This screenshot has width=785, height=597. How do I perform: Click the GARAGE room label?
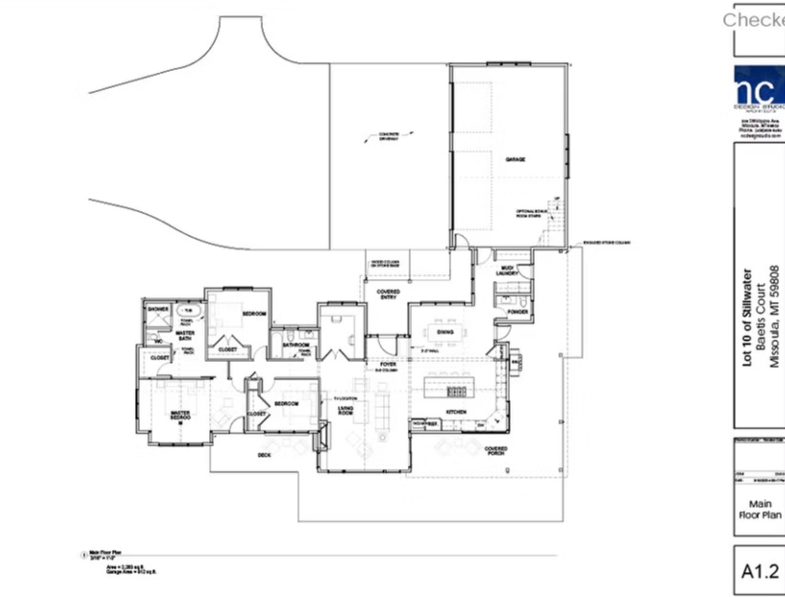(x=515, y=159)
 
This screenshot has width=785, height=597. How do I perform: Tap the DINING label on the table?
(x=445, y=332)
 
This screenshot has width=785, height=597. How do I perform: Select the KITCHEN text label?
(x=456, y=412)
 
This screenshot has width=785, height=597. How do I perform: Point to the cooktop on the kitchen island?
(x=456, y=391)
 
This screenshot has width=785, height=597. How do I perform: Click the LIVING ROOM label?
(x=346, y=410)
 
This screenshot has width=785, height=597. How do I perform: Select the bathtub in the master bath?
(x=188, y=311)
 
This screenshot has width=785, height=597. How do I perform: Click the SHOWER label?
(x=158, y=310)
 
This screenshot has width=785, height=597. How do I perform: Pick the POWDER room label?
(x=517, y=312)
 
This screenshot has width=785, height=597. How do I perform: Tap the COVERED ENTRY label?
(x=388, y=294)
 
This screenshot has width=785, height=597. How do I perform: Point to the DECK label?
(x=264, y=455)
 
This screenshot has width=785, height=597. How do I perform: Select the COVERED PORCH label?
(x=495, y=451)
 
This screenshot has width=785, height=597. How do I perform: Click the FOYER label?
(x=388, y=364)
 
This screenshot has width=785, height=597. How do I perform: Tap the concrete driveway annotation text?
(x=389, y=136)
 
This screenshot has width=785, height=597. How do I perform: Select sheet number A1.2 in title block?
(x=760, y=571)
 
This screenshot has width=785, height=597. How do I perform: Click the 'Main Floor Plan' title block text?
(x=760, y=509)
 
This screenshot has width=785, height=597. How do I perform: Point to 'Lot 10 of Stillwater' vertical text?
(x=748, y=318)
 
